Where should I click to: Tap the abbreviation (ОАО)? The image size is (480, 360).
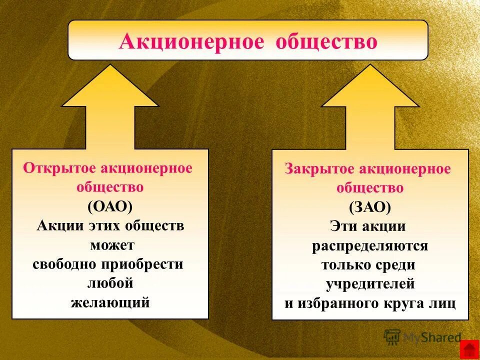click(110, 206)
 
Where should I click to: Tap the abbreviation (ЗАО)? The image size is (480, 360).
click(370, 207)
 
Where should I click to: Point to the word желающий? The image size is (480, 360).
click(110, 302)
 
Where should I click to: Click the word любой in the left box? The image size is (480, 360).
click(110, 283)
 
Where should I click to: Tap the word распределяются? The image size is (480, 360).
click(370, 246)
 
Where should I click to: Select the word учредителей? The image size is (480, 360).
click(370, 284)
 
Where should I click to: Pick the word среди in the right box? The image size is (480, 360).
click(397, 265)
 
